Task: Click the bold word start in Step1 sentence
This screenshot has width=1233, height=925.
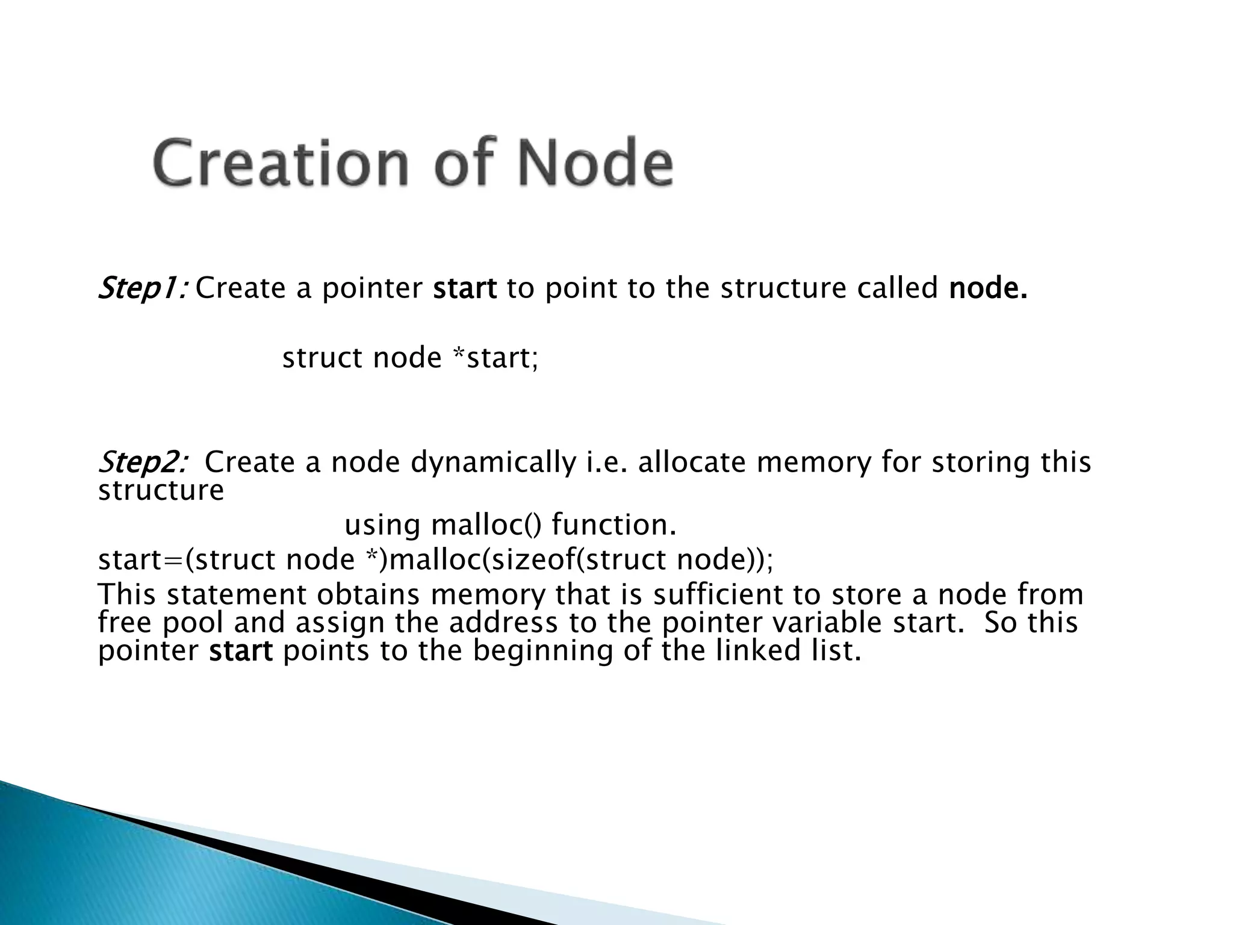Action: point(465,288)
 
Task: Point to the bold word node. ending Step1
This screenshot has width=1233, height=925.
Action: point(988,288)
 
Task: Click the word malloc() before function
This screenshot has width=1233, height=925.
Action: point(486,525)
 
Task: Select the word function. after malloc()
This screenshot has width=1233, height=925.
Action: point(614,525)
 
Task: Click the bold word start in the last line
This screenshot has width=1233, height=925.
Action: point(241,651)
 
